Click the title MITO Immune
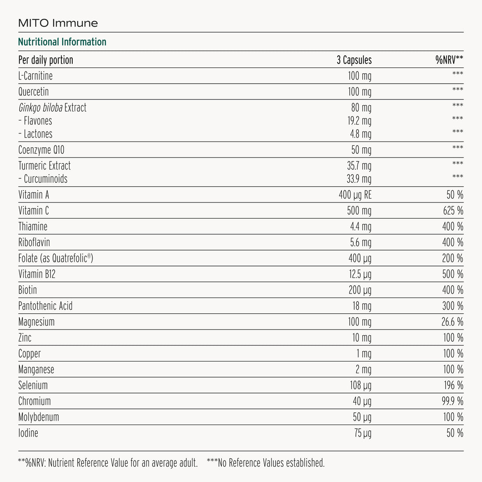(58, 23)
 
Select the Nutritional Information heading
(62, 42)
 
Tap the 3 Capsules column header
(354, 60)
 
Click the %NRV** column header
(449, 60)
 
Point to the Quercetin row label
(34, 92)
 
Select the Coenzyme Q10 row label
(41, 150)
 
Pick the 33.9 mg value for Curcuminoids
(359, 179)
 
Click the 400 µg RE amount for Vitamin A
(355, 195)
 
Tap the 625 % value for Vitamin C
(453, 211)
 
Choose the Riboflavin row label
(34, 242)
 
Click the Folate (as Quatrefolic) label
(56, 258)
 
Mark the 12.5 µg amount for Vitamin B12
(359, 274)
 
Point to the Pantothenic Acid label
(46, 306)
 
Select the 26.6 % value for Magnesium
(452, 322)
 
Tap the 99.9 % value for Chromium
(452, 401)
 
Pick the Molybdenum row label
(39, 417)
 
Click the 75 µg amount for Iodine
(362, 433)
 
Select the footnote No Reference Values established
(266, 463)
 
